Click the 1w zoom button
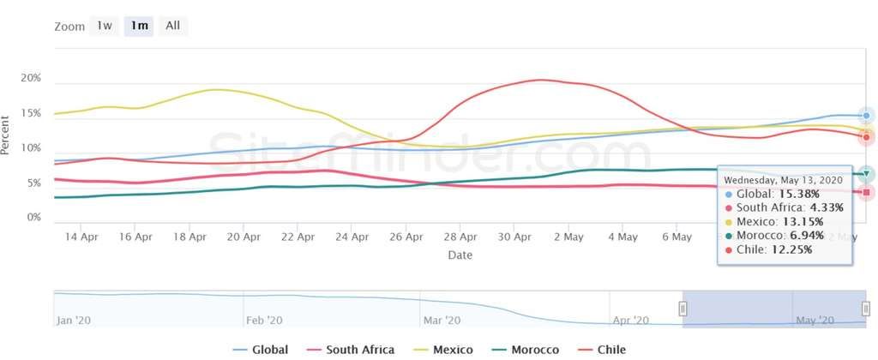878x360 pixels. pyautogui.click(x=105, y=26)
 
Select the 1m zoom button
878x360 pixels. pyautogui.click(x=139, y=26)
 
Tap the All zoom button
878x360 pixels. pyautogui.click(x=172, y=26)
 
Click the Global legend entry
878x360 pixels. pyautogui.click(x=261, y=350)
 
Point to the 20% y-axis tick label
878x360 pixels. pyautogui.click(x=31, y=78)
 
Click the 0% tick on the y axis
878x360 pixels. pyautogui.click(x=34, y=218)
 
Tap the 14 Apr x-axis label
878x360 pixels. pyautogui.click(x=82, y=237)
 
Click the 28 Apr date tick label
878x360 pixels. pyautogui.click(x=460, y=237)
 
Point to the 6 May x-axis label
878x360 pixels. pyautogui.click(x=677, y=237)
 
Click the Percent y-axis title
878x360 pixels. pyautogui.click(x=7, y=135)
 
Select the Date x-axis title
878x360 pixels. pyautogui.click(x=460, y=255)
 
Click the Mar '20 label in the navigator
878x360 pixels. pyautogui.click(x=442, y=321)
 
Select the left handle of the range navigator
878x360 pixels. pyautogui.click(x=683, y=309)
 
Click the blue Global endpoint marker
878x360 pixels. pyautogui.click(x=866, y=116)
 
